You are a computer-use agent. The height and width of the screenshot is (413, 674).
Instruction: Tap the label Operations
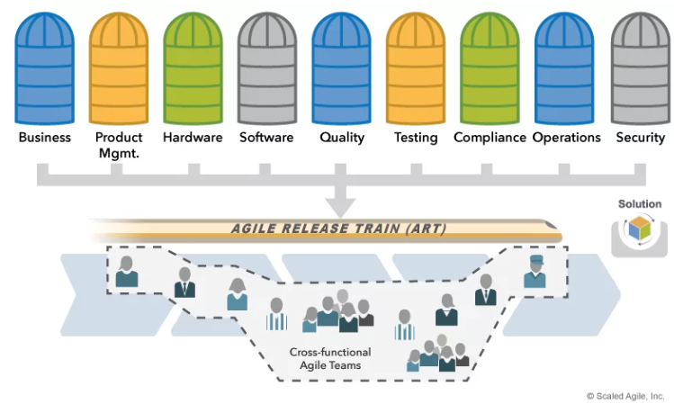point(566,138)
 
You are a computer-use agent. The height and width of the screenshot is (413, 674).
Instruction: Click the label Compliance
point(490,138)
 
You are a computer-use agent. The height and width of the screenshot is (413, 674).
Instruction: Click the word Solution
point(639,204)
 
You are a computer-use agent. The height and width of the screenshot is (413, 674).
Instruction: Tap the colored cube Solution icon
point(639,229)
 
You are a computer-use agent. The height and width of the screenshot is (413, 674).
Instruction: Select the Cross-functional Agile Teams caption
point(330,359)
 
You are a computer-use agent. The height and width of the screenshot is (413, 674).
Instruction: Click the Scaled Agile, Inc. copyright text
point(625,396)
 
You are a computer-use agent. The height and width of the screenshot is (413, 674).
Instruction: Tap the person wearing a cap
point(535,271)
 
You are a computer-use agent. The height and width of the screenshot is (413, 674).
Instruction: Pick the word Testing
point(416,138)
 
